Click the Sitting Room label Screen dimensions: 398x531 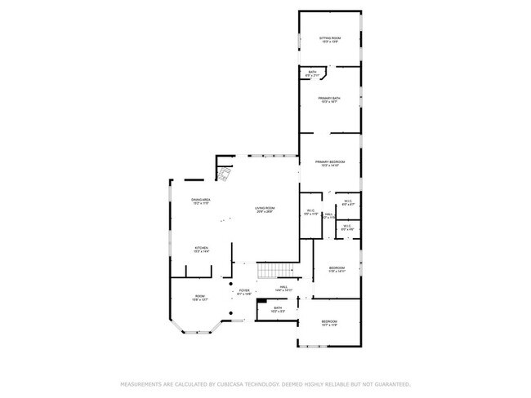330,39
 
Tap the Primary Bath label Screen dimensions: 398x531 330,99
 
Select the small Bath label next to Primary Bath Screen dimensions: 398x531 312,73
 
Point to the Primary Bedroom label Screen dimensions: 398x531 330,164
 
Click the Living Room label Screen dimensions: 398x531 264,210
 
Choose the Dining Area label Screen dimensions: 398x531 201,201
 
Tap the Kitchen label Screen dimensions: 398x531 201,249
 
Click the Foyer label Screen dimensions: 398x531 243,291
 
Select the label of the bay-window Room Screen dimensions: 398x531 200,298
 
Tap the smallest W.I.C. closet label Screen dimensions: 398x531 347,228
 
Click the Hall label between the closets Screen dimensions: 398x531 328,216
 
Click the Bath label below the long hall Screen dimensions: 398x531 279,309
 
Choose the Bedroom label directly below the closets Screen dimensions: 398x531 337,270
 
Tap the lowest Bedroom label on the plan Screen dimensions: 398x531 329,323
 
